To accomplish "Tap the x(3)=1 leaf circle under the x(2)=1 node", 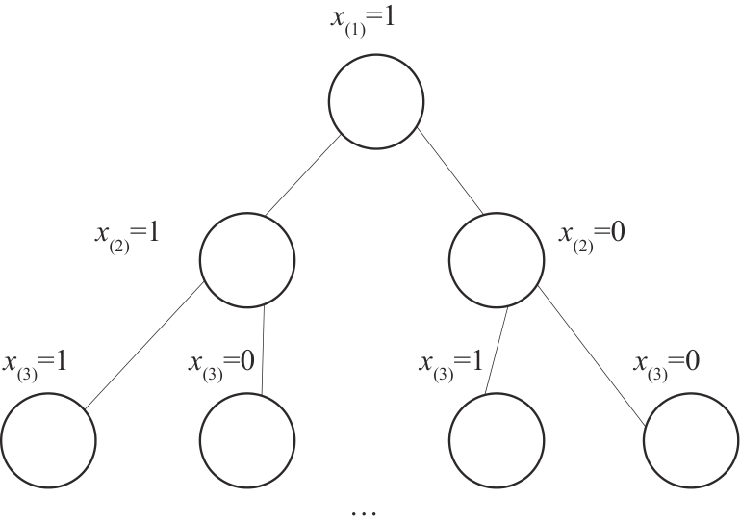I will coord(48,440).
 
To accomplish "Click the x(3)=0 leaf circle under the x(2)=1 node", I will coord(247,440).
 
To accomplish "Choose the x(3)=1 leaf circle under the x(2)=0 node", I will coord(497,440).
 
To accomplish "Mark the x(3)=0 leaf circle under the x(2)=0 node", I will coord(690,440).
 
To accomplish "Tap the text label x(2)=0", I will coord(593,234).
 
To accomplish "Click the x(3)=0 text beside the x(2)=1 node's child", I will coord(221,365).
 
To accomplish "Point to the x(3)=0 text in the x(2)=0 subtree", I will coord(666,365).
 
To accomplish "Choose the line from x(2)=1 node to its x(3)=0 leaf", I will coord(262,351).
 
